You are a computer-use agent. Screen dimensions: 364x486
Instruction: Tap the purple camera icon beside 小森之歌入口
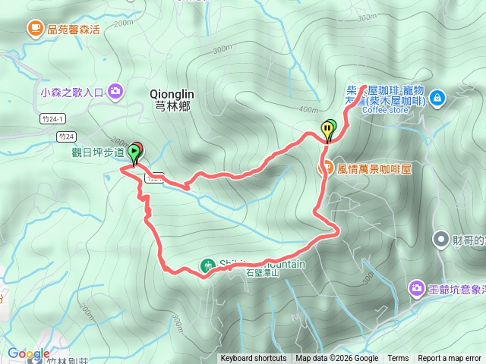115,92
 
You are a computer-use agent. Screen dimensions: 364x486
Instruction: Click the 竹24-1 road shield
50,119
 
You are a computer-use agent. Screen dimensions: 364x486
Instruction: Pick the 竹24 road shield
66,136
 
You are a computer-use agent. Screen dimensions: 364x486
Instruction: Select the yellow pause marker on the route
328,130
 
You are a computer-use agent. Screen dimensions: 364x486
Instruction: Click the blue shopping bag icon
437,98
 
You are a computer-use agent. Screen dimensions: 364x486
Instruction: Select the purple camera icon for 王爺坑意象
416,288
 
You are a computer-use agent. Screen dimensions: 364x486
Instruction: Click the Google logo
28,353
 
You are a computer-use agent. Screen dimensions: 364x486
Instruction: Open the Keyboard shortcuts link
254,359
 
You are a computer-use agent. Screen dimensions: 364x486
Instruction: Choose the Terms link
398,359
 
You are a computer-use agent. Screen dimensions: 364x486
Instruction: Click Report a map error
450,359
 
